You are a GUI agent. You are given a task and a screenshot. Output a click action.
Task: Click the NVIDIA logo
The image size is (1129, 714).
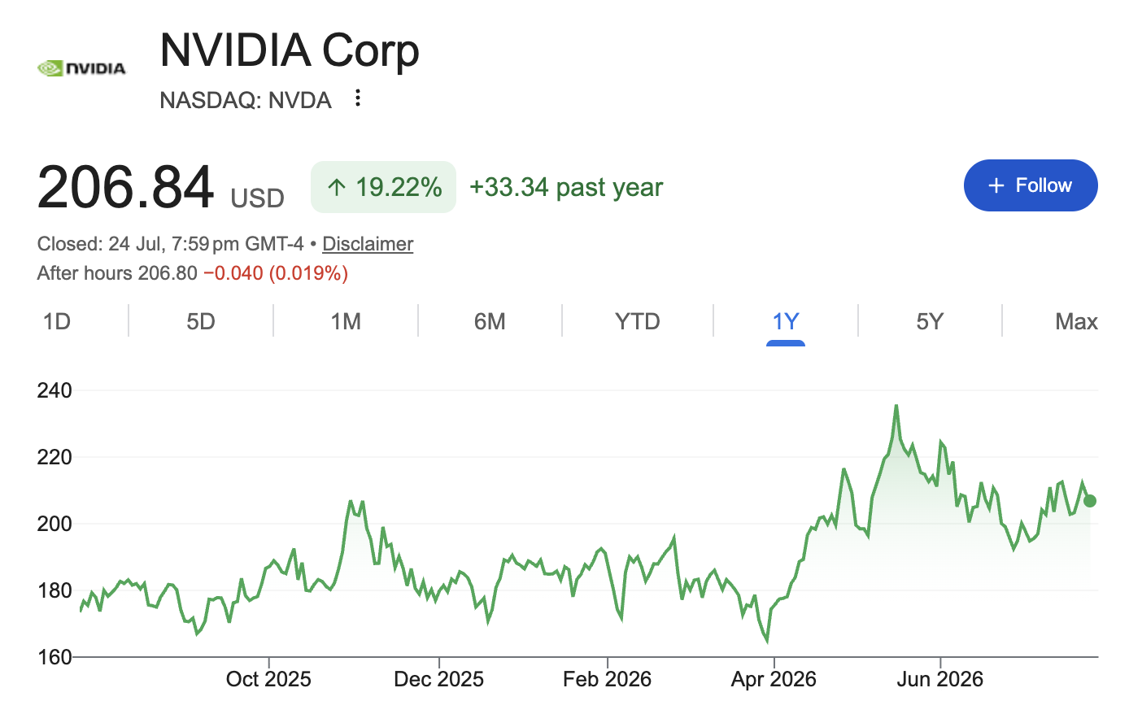tap(81, 68)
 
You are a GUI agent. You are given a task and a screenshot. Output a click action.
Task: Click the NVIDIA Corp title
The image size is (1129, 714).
tap(290, 51)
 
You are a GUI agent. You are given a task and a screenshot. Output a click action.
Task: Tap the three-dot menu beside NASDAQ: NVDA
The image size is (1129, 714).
tap(357, 98)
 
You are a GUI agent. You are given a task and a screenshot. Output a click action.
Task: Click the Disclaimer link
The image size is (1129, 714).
tap(368, 244)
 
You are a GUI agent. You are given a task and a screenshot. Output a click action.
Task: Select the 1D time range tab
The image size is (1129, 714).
tap(56, 321)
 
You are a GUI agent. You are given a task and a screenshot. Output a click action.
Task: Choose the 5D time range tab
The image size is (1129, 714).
tap(201, 321)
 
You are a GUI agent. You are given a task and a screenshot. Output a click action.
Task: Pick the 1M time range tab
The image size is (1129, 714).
tap(346, 321)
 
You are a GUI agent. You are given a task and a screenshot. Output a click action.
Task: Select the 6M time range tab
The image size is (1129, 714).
tap(490, 321)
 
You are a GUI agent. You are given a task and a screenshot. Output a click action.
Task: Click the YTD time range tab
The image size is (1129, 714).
tap(637, 321)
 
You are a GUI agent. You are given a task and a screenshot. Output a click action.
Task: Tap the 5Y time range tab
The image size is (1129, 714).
tap(930, 321)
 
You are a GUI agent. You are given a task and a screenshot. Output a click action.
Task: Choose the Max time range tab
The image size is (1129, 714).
tap(1076, 321)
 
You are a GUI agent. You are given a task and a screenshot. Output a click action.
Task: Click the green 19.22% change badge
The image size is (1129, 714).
tap(384, 187)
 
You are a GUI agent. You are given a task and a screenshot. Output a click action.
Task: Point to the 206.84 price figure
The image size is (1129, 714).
tap(125, 187)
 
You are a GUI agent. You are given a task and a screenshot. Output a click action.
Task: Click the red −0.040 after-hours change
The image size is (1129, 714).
tap(233, 273)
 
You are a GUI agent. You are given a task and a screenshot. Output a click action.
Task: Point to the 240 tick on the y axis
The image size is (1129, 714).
tap(54, 390)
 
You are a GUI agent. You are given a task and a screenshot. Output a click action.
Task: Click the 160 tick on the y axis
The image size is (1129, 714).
tap(54, 657)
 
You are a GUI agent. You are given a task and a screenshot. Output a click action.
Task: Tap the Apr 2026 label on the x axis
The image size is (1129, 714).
tap(774, 679)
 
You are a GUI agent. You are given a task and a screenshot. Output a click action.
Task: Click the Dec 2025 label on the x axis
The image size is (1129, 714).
tap(438, 679)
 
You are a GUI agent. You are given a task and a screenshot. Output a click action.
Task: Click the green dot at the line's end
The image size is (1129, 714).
tap(1090, 501)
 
